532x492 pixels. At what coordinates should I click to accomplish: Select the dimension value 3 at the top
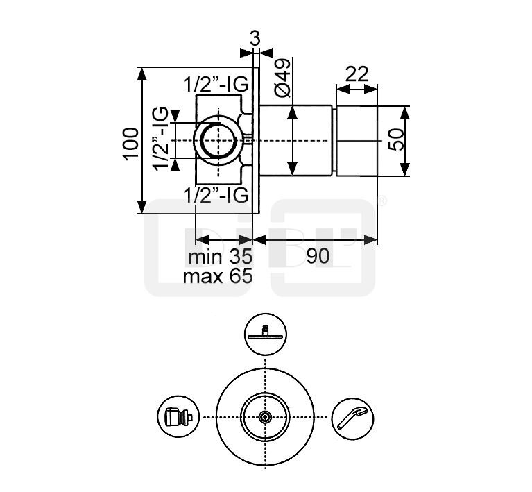tap(255, 38)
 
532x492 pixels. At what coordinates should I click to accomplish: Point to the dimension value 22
tap(357, 74)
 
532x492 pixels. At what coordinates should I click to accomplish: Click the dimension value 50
tap(396, 141)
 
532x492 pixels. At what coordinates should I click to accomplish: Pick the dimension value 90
tap(318, 256)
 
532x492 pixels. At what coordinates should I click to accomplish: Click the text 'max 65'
tap(217, 276)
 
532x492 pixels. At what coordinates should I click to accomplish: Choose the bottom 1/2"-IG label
tap(216, 196)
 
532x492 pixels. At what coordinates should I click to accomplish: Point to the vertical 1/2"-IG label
tap(160, 139)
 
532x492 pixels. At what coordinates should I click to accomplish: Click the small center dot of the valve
tap(265, 417)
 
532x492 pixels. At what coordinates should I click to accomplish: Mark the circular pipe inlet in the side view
tap(215, 139)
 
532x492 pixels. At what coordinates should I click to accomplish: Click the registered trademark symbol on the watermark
tap(381, 202)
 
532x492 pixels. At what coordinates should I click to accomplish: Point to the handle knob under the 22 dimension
tap(357, 140)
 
